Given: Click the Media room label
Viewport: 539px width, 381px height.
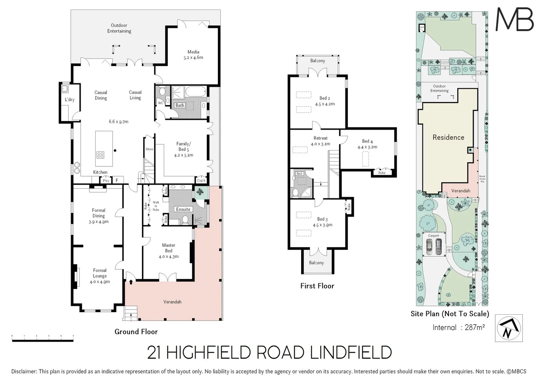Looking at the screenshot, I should coord(193,52).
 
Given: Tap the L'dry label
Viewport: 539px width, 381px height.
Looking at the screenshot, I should coord(70,100).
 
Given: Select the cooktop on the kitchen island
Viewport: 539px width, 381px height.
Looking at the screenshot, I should coord(101,155).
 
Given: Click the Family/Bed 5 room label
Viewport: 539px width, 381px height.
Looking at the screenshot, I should coord(183,146).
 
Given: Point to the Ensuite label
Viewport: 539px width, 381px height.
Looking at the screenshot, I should coord(183,209).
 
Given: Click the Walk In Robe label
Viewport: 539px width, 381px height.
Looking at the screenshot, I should coord(156,206).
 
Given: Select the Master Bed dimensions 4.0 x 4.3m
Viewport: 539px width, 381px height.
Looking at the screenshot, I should coord(168,256).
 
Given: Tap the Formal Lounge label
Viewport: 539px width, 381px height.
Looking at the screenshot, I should coord(100,273).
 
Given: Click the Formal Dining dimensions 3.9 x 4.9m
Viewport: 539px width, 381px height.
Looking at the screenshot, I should coord(98,222).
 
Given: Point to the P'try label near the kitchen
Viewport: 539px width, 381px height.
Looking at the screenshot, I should coord(106,181).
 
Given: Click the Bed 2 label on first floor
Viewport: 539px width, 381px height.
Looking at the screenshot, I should coord(325,98).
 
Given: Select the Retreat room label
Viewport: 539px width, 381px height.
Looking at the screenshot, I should coord(321,138).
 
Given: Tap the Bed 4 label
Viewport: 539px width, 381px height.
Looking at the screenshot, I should coord(367,141).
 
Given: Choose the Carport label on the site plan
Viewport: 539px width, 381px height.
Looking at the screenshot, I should coord(433,236).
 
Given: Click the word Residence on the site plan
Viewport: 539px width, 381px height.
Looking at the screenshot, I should coord(448,138).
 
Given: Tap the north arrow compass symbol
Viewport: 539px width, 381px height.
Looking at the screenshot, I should coord(509,328).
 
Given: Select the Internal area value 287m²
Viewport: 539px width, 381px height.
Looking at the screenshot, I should coord(474,327).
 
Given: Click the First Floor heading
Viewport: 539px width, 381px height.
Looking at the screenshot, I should coord(317,286).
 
